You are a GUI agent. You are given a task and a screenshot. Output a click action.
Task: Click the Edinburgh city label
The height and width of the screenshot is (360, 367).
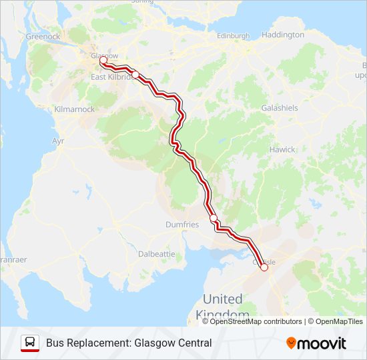pyautogui.click(x=233, y=35)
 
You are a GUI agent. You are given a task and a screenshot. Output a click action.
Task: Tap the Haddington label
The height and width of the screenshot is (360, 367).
pyautogui.click(x=283, y=34)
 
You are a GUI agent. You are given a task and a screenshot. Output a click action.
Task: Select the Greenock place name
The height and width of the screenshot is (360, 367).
pyautogui.click(x=43, y=37)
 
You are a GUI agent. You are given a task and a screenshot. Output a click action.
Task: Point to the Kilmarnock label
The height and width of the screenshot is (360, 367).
pyautogui.click(x=74, y=109)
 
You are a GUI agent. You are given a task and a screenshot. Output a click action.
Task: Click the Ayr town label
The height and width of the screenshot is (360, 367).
pyautogui.click(x=58, y=141)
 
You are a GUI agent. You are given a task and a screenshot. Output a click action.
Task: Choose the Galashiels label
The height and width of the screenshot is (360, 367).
pyautogui.click(x=280, y=108)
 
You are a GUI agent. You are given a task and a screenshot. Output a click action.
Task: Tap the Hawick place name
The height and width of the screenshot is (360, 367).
pyautogui.click(x=282, y=149)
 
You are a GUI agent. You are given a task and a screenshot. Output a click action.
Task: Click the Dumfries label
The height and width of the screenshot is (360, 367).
pyautogui.click(x=182, y=225)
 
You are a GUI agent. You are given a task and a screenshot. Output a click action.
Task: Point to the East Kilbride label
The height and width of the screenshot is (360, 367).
pyautogui.click(x=109, y=77)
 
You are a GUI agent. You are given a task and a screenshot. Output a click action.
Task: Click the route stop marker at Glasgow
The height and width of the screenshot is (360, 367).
pyautogui.click(x=103, y=60)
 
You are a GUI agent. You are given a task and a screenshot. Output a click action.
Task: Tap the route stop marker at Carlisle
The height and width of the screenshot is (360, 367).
pyautogui.click(x=264, y=267)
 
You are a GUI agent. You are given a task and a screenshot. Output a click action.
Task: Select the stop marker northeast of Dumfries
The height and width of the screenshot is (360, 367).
pyautogui.click(x=214, y=218)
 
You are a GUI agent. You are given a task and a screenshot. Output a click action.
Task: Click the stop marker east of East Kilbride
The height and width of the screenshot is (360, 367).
pyautogui.click(x=135, y=75)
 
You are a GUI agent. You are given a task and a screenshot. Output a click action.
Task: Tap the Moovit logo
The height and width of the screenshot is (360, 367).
pyautogui.click(x=316, y=343)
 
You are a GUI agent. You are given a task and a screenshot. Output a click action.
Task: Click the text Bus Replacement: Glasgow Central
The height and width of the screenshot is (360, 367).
pyautogui.click(x=129, y=343)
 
